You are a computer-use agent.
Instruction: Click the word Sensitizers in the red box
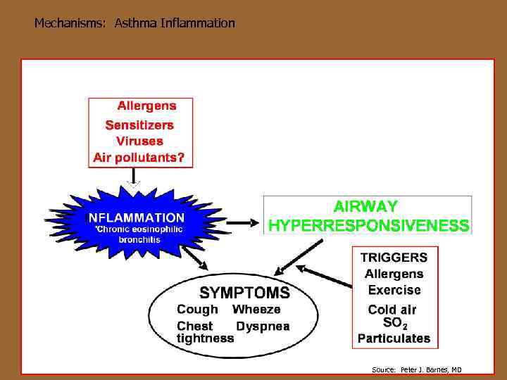[x=139, y=125]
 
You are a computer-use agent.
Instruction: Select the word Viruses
[x=139, y=141]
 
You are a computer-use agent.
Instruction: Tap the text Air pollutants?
[x=139, y=158]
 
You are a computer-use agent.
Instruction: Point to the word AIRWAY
[x=365, y=207]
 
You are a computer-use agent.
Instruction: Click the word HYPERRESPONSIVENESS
[x=368, y=226]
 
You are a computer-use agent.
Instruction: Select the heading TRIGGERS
[x=394, y=257]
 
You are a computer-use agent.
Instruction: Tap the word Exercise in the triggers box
[x=394, y=289]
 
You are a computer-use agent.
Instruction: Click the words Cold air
[x=392, y=310]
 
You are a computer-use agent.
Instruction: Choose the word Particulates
[x=394, y=338]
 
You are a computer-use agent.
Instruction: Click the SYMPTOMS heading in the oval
[x=244, y=292]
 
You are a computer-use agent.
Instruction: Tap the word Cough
[x=197, y=310]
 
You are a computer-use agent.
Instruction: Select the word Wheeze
[x=256, y=310]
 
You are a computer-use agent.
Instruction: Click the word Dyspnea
[x=262, y=327]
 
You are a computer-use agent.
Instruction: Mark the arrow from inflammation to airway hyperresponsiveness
[x=244, y=222]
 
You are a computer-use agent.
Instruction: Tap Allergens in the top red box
[x=146, y=106]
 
